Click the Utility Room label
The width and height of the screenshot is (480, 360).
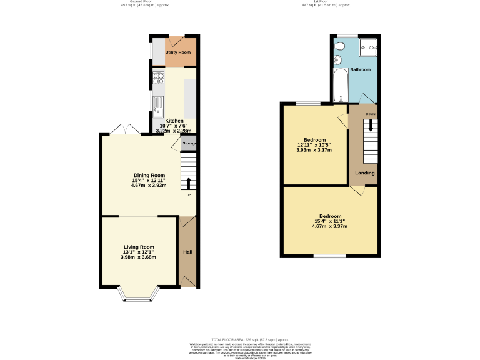click(178, 52)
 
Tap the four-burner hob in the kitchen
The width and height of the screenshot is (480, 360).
click(158, 79)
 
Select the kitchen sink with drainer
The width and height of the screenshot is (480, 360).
click(158, 104)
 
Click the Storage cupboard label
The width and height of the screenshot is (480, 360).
click(189, 143)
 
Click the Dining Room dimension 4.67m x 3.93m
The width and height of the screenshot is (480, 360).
click(149, 186)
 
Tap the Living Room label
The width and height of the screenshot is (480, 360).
click(139, 247)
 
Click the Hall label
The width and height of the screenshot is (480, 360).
click(187, 252)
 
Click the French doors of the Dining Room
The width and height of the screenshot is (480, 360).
click(119, 129)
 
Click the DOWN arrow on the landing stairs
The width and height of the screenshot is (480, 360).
click(371, 124)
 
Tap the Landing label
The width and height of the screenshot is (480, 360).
click(364, 172)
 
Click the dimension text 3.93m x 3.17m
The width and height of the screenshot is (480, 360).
click(314, 150)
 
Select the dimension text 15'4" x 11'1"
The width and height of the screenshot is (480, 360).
click(331, 221)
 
